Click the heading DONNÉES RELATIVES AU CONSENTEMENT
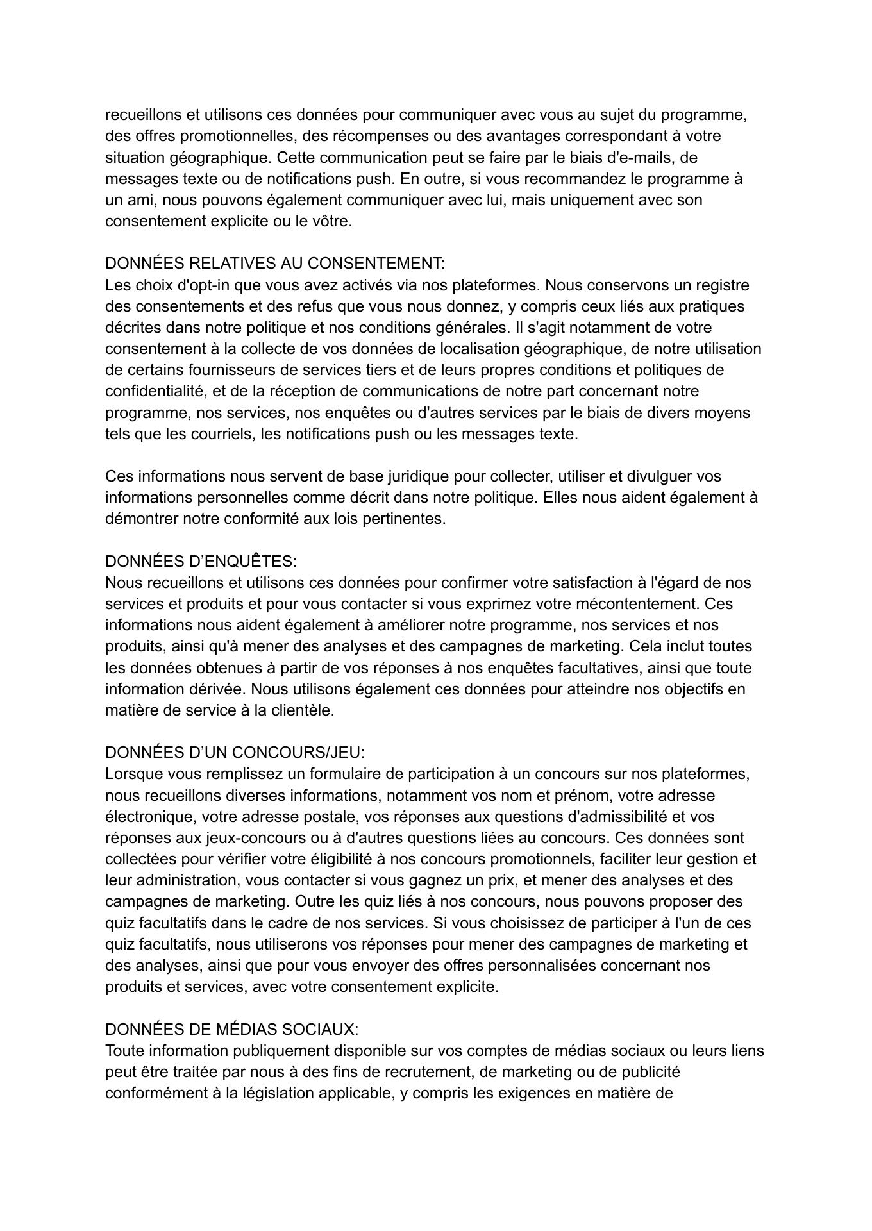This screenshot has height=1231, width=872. [x=274, y=264]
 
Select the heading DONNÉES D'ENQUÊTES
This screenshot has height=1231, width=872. [x=201, y=562]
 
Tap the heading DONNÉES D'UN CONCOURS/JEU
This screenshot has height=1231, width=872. [x=235, y=753]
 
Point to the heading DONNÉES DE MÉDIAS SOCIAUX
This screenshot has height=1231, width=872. [x=231, y=1030]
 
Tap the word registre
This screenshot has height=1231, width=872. [x=722, y=285]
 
